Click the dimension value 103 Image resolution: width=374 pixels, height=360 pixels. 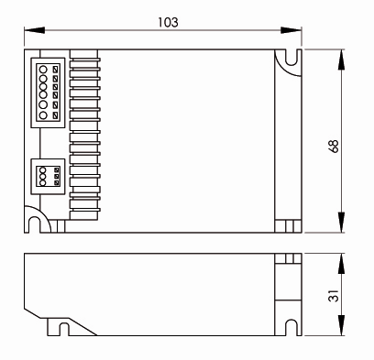[168, 22]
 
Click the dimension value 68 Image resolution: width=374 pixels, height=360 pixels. [334, 146]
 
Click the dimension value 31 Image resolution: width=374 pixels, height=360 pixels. [334, 296]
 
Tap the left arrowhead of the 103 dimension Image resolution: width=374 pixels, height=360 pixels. [35, 30]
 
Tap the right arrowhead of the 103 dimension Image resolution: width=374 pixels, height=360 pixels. [291, 30]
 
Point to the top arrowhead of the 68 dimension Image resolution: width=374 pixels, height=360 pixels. [341, 60]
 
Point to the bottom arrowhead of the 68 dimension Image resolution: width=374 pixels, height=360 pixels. [341, 223]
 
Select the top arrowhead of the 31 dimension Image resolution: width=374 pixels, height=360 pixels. [341, 264]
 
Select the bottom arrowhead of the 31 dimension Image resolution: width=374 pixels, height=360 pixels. [341, 325]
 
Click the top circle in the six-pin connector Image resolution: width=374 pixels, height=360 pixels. [43, 70]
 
